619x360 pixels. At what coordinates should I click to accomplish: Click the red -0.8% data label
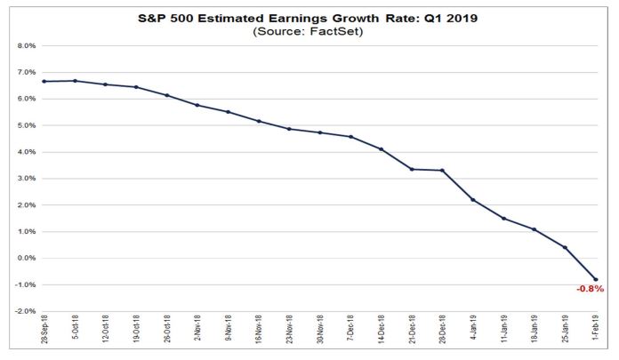(590, 289)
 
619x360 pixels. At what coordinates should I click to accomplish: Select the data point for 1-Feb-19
(595, 279)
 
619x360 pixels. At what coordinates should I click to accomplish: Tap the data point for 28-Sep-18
(43, 81)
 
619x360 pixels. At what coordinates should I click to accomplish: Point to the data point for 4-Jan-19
(472, 200)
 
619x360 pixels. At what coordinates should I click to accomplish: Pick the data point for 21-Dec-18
(411, 169)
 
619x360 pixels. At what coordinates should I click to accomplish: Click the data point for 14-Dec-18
(381, 148)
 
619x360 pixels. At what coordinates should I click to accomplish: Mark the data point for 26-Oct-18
(166, 95)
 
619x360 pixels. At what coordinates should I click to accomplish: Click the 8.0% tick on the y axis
(25, 45)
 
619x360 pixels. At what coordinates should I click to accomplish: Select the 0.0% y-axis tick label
(25, 259)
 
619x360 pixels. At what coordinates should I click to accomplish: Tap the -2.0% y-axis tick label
(24, 312)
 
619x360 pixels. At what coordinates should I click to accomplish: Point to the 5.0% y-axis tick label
(25, 125)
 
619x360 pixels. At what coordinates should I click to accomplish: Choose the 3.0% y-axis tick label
(25, 179)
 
